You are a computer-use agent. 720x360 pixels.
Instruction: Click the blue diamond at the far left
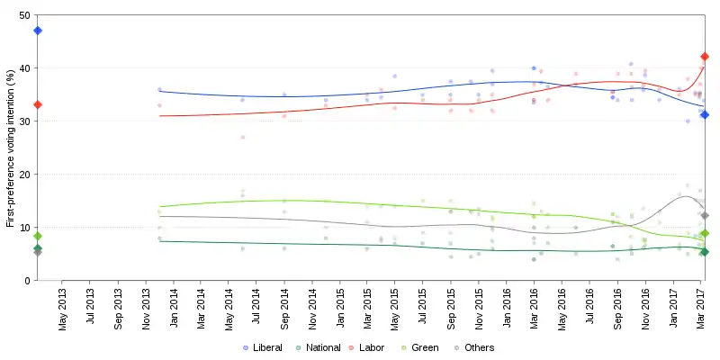[x=38, y=31]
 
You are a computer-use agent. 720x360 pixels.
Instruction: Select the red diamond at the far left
[x=38, y=104]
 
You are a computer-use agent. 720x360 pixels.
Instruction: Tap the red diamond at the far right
[x=705, y=57]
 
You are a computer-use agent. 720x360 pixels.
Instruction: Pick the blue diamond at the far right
[x=705, y=114]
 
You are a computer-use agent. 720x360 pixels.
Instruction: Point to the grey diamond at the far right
[x=705, y=215]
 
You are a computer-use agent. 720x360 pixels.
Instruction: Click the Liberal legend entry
[x=263, y=347]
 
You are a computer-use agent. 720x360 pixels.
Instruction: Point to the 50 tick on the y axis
[x=23, y=16]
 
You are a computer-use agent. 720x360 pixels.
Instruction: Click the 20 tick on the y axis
[x=23, y=175]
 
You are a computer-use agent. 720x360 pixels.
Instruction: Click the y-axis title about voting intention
[x=10, y=148]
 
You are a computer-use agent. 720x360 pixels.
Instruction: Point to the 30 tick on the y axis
[x=23, y=121]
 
